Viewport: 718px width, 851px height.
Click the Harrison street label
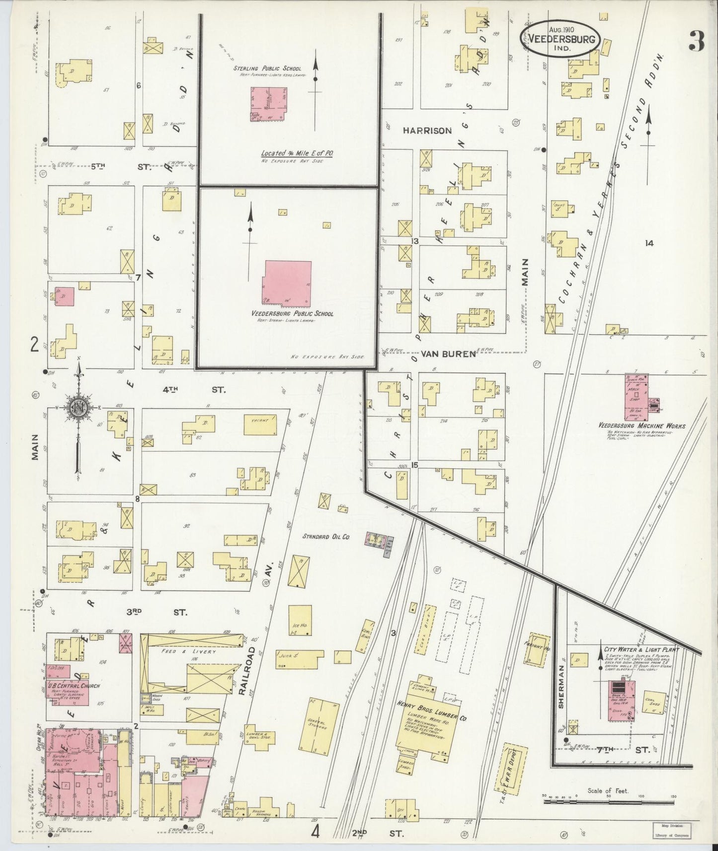coord(427,131)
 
